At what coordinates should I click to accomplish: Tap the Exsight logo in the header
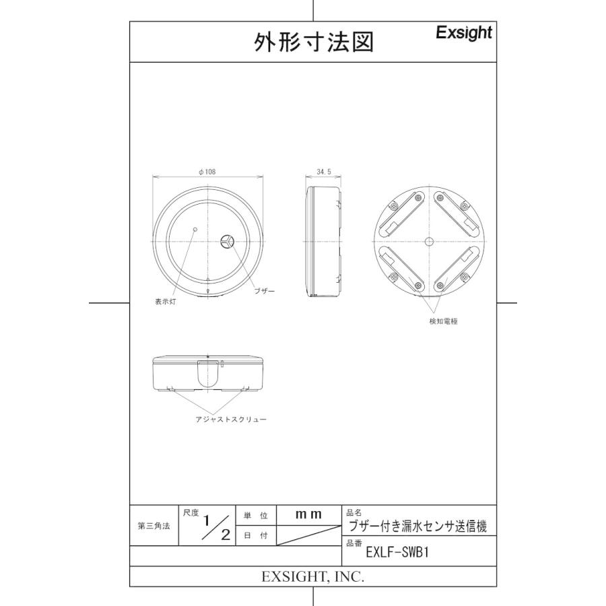pyautogui.click(x=464, y=32)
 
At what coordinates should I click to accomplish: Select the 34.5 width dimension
pyautogui.click(x=323, y=172)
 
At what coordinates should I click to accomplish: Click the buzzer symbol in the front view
pyautogui.click(x=227, y=240)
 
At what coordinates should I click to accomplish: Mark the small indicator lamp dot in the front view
pyautogui.click(x=195, y=230)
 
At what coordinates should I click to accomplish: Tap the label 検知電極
pyautogui.click(x=443, y=321)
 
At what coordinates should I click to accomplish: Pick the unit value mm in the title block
pyautogui.click(x=309, y=514)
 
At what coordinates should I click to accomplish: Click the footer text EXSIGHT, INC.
pyautogui.click(x=312, y=577)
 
